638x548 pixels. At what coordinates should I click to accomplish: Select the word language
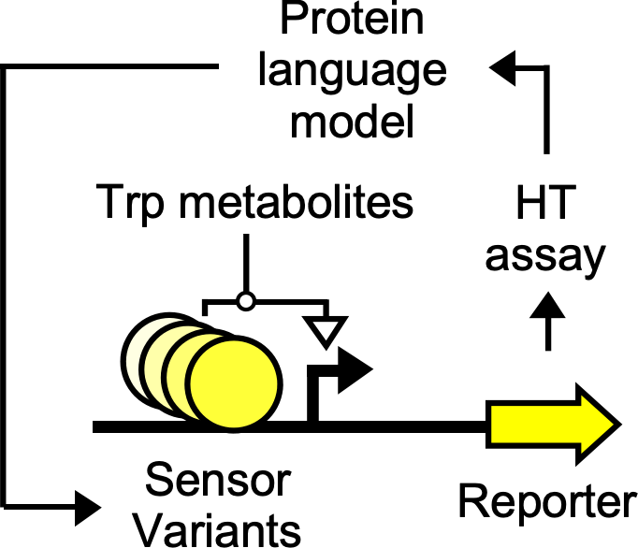tap(354, 73)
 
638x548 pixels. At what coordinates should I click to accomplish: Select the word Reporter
tap(545, 502)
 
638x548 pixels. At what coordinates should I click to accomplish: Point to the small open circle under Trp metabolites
tap(246, 301)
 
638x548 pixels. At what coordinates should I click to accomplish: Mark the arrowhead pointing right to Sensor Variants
tap(86, 508)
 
